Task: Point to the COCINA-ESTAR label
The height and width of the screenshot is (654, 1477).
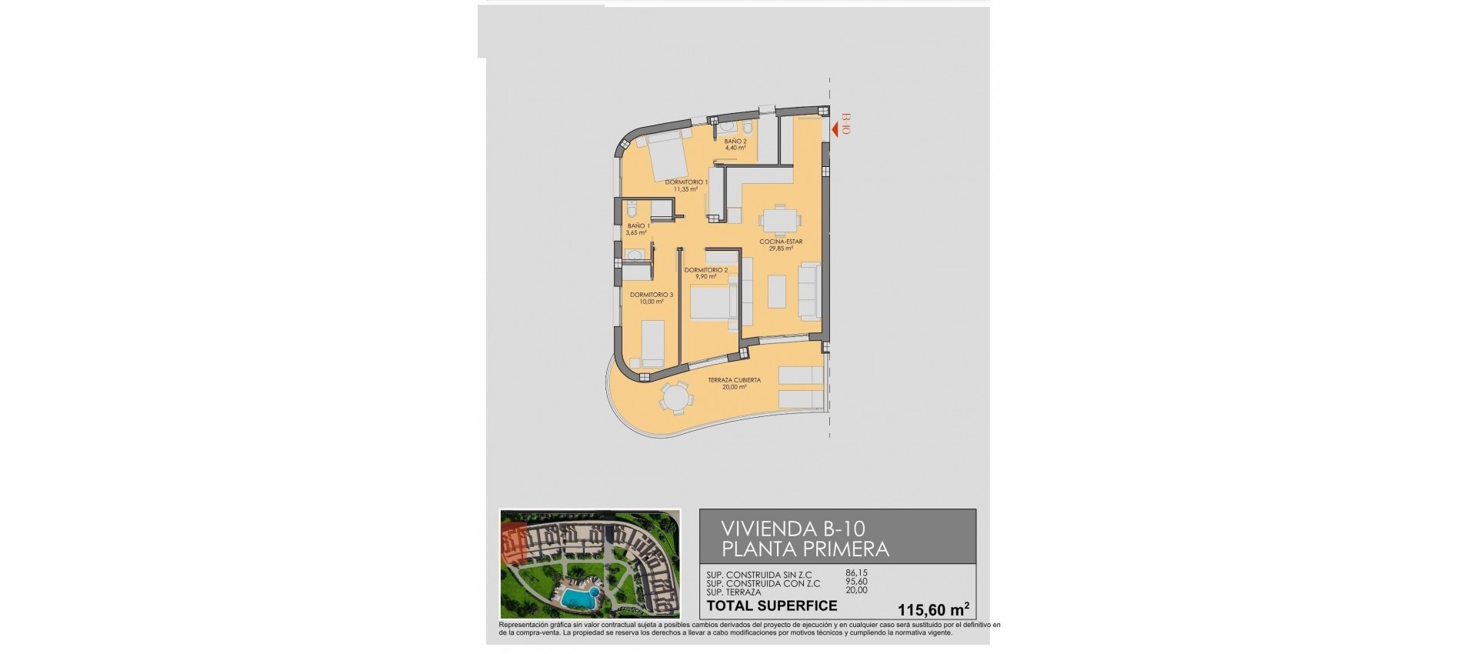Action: (x=781, y=242)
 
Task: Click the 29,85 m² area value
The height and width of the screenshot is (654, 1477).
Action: (x=781, y=249)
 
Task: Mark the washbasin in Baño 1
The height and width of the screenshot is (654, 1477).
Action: (x=634, y=255)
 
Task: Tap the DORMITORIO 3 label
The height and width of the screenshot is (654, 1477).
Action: (x=651, y=295)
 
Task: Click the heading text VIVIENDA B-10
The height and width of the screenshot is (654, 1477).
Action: (x=793, y=529)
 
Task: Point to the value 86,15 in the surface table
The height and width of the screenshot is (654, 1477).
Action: (x=856, y=573)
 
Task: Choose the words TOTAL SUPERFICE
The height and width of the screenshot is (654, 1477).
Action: (x=772, y=606)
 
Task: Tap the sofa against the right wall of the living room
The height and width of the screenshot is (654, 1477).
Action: (x=809, y=291)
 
